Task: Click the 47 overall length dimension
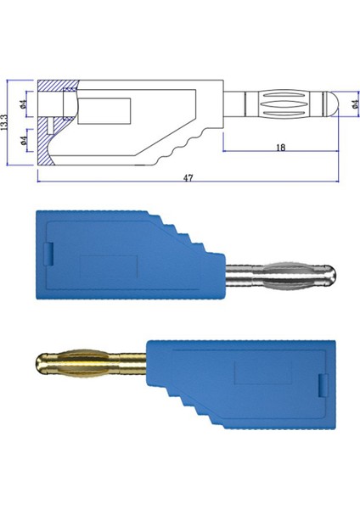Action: (188, 179)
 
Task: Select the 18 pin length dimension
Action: (279, 147)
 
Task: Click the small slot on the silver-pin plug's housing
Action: (49, 252)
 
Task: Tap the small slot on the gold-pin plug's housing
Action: (321, 385)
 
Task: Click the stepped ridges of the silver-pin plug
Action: (183, 233)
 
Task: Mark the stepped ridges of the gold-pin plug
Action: (183, 407)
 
